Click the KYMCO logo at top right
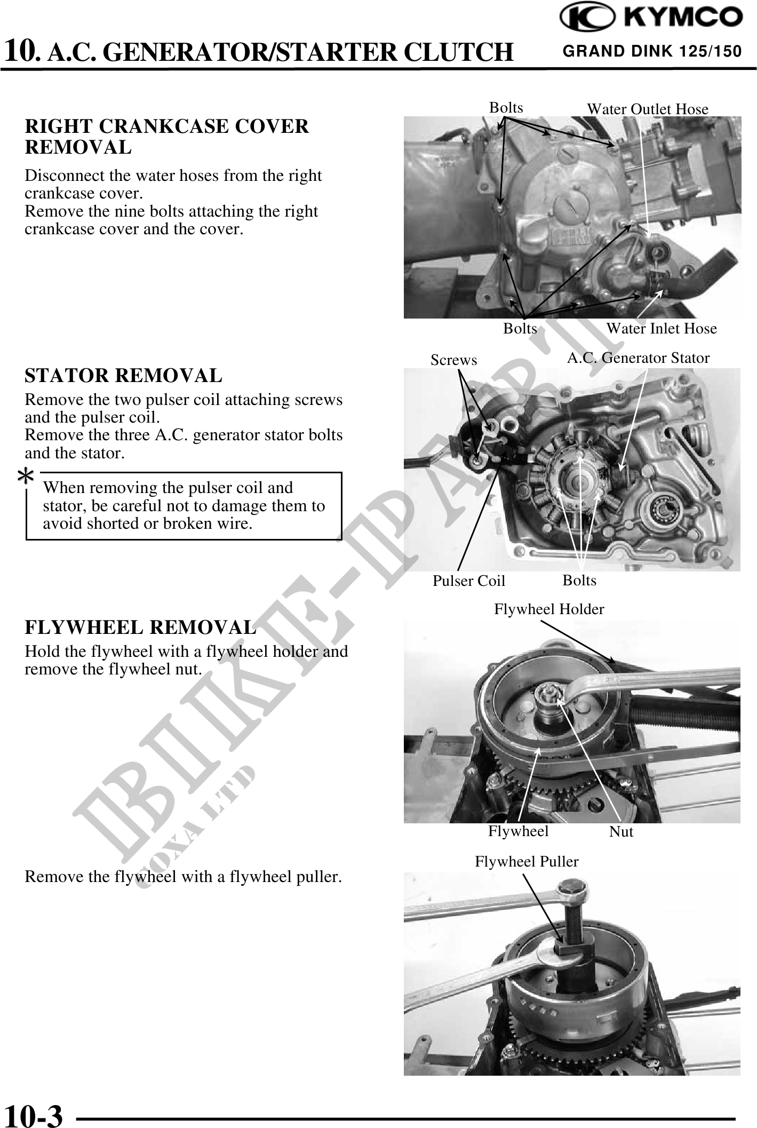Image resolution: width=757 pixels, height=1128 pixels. click(650, 19)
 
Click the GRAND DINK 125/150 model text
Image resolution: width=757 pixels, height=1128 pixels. click(652, 52)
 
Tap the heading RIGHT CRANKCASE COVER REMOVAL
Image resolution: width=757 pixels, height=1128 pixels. click(166, 137)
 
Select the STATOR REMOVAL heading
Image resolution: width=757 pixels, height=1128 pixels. click(123, 376)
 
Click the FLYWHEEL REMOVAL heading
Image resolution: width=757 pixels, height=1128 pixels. click(140, 627)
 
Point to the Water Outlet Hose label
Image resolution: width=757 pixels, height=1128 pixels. click(647, 109)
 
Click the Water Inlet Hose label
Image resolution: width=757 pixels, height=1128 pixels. click(661, 329)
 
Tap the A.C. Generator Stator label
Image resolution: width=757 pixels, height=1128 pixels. click(638, 358)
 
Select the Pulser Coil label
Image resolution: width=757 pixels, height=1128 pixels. click(468, 581)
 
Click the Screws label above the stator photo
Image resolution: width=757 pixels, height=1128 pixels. click(453, 360)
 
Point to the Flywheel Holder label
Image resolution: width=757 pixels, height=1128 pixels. click(548, 609)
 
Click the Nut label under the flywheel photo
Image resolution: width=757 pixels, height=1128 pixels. click(621, 832)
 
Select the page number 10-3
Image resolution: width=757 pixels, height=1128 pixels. click(33, 1115)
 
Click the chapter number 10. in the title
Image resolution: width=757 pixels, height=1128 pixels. click(21, 52)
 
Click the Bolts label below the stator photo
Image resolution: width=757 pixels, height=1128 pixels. click(579, 581)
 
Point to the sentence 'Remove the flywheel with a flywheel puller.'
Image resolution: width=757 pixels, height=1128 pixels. click(183, 877)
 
